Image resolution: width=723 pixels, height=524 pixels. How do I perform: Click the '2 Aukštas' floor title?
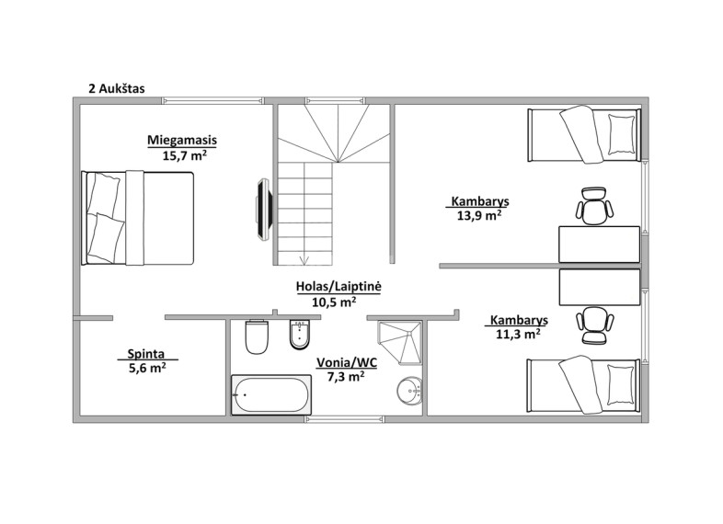[117, 88]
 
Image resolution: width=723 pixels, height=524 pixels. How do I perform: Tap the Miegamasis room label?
[182, 140]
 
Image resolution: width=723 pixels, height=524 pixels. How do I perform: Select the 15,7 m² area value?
[184, 155]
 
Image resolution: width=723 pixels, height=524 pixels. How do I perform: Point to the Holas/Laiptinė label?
[339, 286]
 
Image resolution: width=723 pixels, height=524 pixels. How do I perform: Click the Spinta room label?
[145, 354]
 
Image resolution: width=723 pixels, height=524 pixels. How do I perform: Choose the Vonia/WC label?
[346, 363]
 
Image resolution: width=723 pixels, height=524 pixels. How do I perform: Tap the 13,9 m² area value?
[479, 215]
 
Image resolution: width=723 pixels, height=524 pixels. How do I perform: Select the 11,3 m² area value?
[518, 334]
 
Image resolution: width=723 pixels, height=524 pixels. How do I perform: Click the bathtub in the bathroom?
[271, 394]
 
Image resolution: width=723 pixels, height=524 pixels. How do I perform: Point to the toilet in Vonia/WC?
[257, 336]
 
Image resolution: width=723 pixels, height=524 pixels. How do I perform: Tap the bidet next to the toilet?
[300, 335]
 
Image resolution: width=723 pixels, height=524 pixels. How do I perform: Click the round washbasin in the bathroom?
[409, 391]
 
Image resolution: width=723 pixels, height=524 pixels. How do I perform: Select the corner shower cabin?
[399, 343]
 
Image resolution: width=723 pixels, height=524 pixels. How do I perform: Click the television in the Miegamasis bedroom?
[265, 210]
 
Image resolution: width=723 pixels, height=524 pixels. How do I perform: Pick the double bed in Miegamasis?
[137, 218]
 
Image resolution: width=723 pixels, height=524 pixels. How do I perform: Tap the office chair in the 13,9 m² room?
[594, 206]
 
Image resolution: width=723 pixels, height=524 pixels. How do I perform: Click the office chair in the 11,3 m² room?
[595, 325]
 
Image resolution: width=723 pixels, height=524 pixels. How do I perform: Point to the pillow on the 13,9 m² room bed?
[621, 134]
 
